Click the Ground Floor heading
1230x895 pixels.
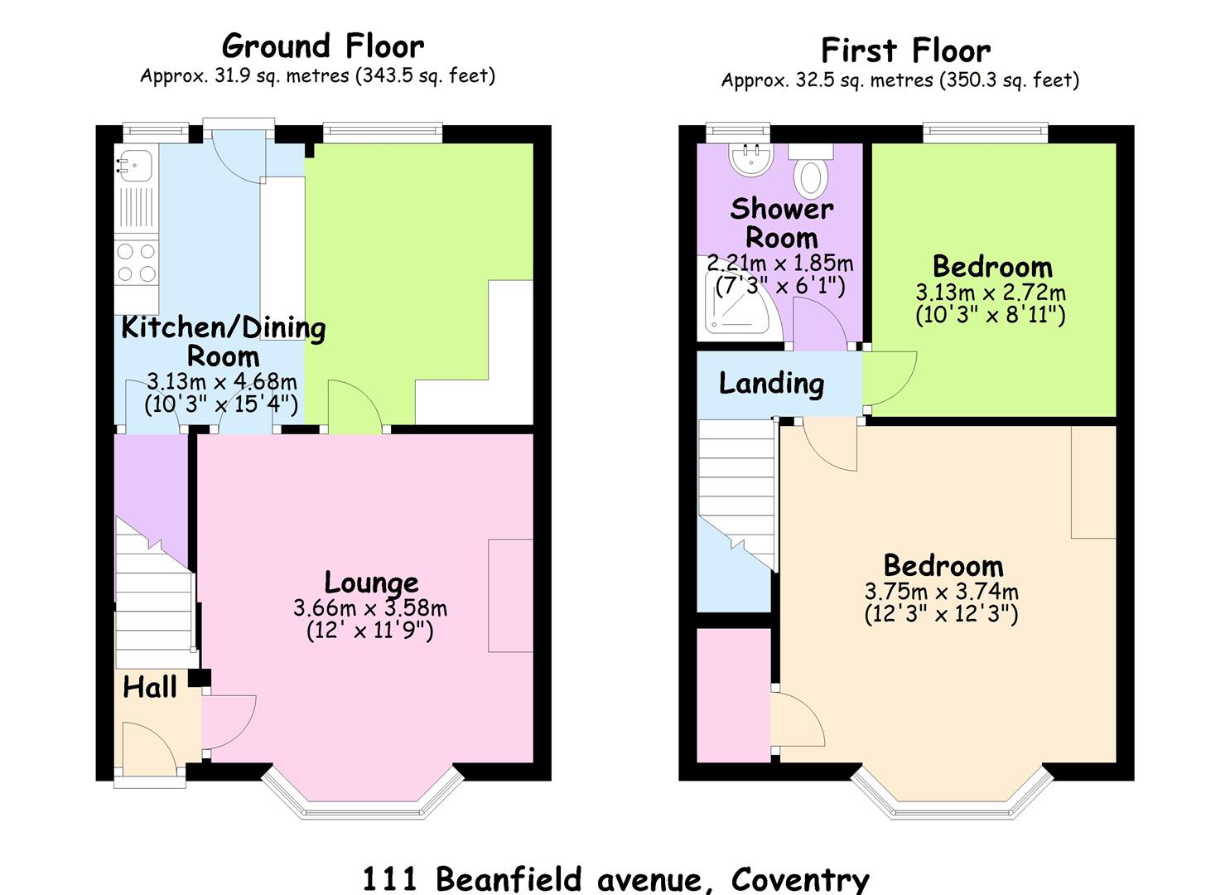point(323,46)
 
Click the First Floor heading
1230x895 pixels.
point(905,51)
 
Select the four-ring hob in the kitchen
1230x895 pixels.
point(137,263)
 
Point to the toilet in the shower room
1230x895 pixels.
point(811,170)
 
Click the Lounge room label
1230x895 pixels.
point(371,583)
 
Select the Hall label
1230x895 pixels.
point(149,687)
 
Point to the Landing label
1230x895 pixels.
point(771,384)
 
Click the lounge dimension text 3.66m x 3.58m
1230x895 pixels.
point(370,608)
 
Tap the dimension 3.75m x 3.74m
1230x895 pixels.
point(942,592)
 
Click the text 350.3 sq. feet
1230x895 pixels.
point(1009,80)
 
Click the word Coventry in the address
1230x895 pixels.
point(801,878)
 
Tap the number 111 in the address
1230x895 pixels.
point(390,878)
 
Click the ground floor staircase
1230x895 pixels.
point(155,593)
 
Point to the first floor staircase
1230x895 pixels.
point(737,496)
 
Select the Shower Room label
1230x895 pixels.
point(782,223)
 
